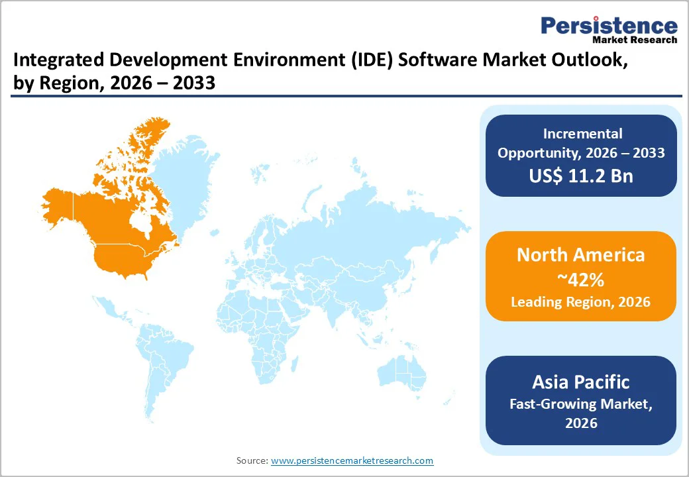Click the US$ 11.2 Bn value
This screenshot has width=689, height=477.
(x=581, y=176)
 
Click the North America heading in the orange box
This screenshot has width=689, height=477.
(x=581, y=255)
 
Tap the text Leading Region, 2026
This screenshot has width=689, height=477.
(x=581, y=302)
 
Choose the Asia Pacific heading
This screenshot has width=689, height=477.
(x=581, y=382)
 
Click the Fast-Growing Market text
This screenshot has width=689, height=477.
(x=581, y=403)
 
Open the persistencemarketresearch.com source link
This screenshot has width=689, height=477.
(x=352, y=460)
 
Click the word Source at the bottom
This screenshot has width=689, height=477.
(x=252, y=460)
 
